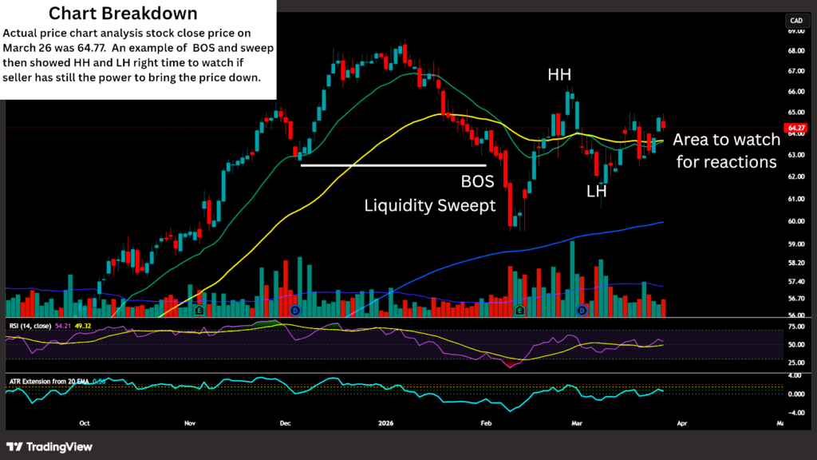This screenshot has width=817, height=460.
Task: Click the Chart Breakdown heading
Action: (123, 14)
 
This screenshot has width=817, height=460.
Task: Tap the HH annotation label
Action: (559, 75)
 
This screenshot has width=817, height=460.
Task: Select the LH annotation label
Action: (596, 192)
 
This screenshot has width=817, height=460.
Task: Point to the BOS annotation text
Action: (478, 180)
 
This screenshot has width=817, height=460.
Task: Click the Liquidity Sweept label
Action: (430, 205)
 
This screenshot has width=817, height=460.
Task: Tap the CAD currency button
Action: (795, 20)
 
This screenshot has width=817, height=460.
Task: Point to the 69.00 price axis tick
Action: (795, 31)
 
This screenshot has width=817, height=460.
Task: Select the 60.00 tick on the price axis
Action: (795, 221)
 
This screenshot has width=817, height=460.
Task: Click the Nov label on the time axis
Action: (189, 424)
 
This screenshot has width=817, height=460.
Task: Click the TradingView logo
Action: (49, 446)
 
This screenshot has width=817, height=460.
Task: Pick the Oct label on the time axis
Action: (85, 424)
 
